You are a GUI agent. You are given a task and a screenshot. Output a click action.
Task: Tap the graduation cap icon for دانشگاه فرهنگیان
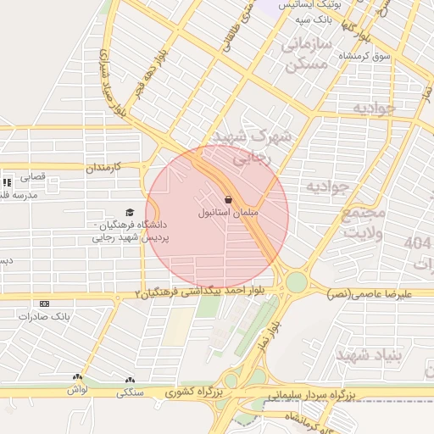tap(130, 213)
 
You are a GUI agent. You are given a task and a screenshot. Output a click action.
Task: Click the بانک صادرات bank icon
tap(44, 303)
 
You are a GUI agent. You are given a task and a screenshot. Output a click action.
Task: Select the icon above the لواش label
tap(78, 378)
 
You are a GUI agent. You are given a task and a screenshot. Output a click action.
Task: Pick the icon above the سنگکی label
tap(130, 381)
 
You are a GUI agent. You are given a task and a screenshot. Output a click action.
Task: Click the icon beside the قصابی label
tap(8, 181)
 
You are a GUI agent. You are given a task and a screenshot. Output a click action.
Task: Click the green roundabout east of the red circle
tap(296, 281)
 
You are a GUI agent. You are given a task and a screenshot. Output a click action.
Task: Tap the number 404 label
tap(419, 243)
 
